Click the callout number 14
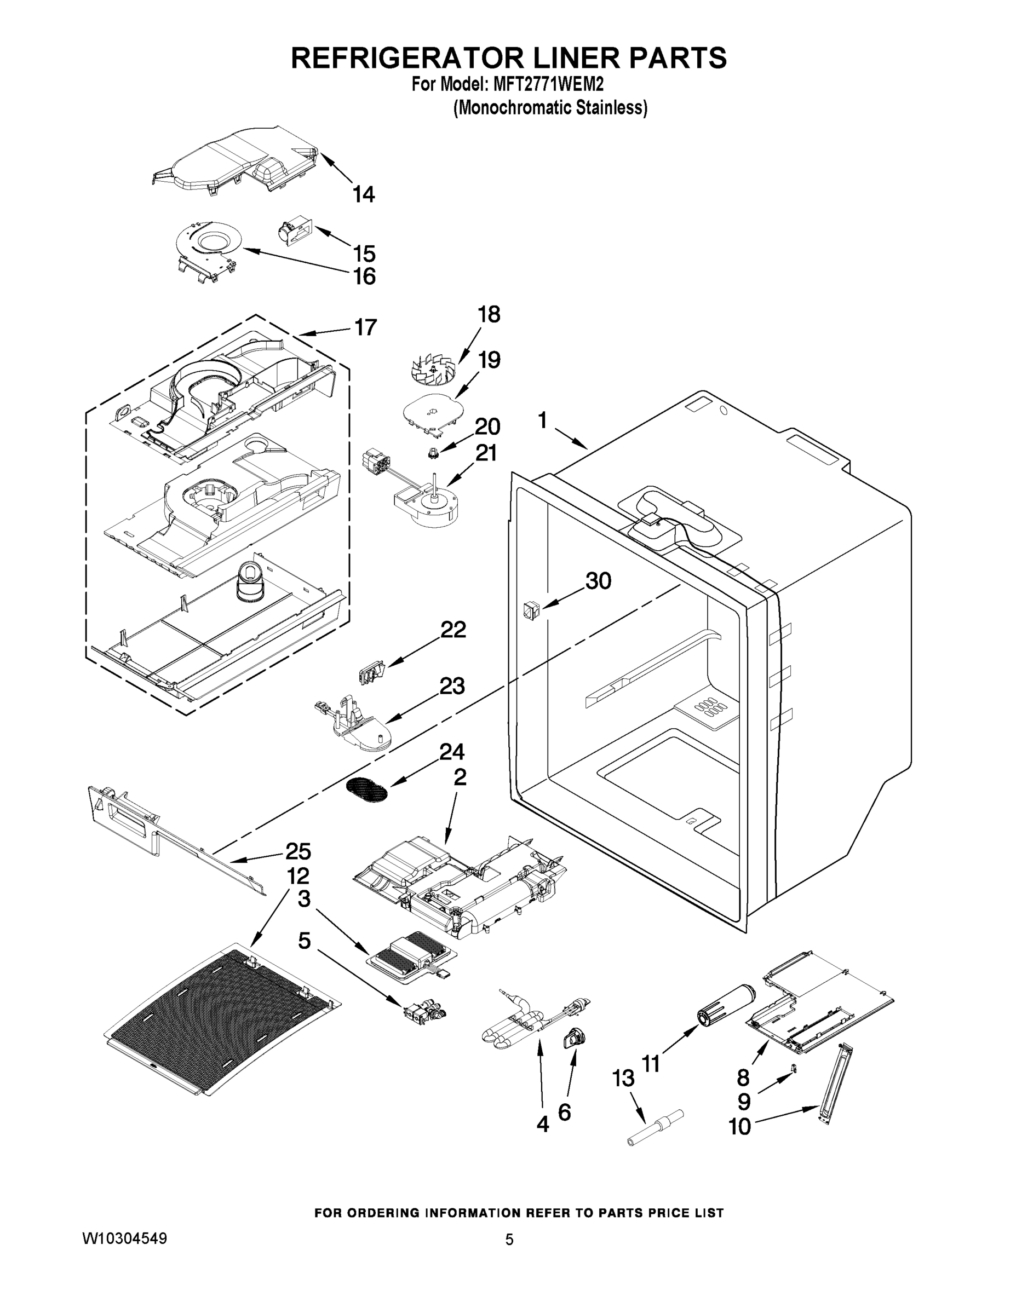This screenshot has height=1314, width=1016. [x=364, y=194]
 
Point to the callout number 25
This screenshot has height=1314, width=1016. [x=298, y=851]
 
